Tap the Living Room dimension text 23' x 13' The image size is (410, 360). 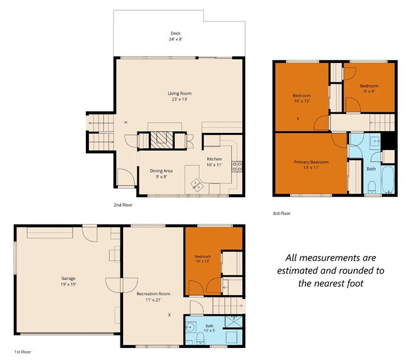[x=180, y=100]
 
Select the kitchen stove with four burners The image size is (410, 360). [x=237, y=166]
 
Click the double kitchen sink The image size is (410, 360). [x=197, y=184]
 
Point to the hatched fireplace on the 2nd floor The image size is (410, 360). [x=162, y=141]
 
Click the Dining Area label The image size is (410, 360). [x=161, y=171]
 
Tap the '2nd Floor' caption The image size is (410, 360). [x=123, y=205]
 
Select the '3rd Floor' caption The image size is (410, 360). [x=281, y=213]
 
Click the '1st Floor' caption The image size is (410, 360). [x=23, y=352]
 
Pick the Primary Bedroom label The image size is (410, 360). [x=311, y=162]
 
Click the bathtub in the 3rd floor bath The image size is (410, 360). [x=388, y=179]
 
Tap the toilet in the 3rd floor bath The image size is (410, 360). [x=372, y=187]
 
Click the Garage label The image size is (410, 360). [x=68, y=279]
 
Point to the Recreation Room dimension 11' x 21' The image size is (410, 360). [x=153, y=299]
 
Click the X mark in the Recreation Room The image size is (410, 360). [x=169, y=315]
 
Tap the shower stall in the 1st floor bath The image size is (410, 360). [x=234, y=322]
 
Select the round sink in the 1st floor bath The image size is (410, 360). [x=190, y=327]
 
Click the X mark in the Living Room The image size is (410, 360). [x=126, y=122]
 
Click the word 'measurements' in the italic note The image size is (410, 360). [x=331, y=258]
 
